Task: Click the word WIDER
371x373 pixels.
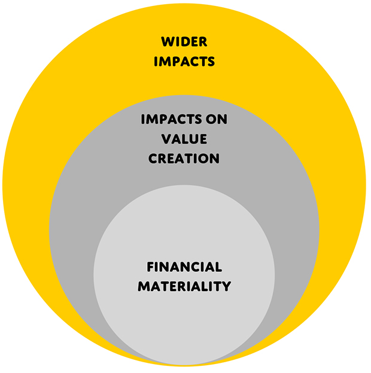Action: [x=184, y=42]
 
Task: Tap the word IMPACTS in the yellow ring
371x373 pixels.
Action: [x=184, y=62]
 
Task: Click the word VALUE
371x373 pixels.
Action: [x=184, y=139]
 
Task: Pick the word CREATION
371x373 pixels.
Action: [x=184, y=158]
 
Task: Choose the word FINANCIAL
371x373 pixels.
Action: [x=184, y=267]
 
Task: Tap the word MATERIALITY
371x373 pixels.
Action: [x=184, y=286]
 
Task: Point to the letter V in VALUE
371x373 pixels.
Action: [x=167, y=139]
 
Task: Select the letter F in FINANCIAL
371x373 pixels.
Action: [x=151, y=267]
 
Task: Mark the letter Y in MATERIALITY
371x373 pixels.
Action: [x=226, y=286]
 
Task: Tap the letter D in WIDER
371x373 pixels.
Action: [x=185, y=42]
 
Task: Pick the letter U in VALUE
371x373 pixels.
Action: [x=193, y=139]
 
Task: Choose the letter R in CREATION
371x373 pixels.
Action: [x=163, y=158]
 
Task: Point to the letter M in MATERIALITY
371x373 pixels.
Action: [x=144, y=286]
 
